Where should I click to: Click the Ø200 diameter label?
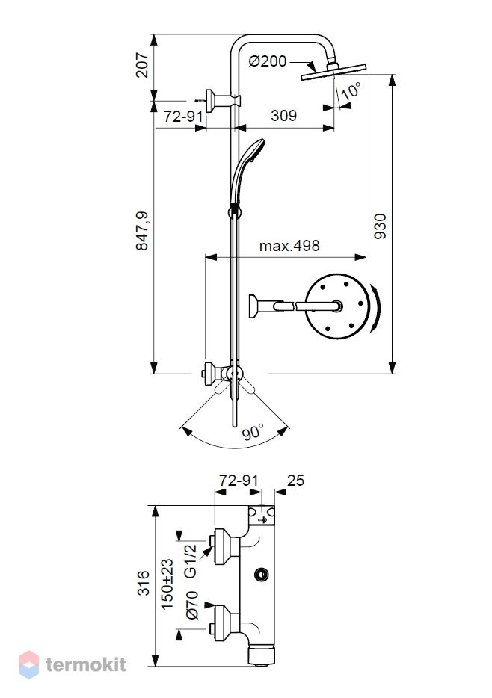coord(267,61)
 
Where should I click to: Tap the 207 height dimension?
coord(142,65)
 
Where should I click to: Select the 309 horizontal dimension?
coord(283,116)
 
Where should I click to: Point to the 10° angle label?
coord(351,91)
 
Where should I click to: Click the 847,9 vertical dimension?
coord(142,231)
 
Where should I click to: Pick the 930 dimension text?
coord(380,226)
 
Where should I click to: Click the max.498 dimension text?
coord(289,246)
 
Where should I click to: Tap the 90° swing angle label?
coord(253,431)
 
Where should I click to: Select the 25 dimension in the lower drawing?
coord(295,481)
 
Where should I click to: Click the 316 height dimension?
coord(144,583)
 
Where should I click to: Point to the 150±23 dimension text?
coord(167,584)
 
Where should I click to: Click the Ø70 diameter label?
coord(192,605)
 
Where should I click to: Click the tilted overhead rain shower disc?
coord(333,72)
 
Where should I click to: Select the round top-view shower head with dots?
coord(337,306)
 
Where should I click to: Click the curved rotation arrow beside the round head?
coord(377,308)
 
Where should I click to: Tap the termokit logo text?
coord(86,664)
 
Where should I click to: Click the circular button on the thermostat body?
coord(262,575)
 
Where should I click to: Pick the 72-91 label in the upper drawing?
coord(183,117)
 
